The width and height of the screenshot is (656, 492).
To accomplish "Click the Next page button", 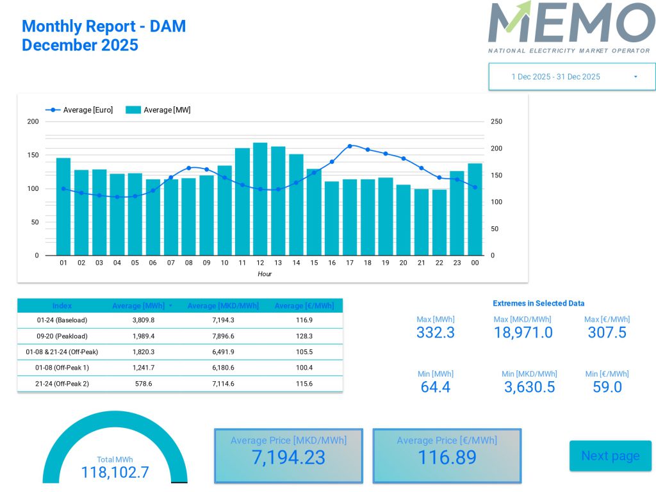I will coord(610,455).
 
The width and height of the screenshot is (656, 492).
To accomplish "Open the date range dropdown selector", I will coord(571,77).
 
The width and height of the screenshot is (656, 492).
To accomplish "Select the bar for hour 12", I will coord(260,199).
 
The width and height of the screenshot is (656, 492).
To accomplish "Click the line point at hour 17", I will coord(350,146).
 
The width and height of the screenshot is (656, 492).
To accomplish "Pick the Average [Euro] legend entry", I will coord(80,110).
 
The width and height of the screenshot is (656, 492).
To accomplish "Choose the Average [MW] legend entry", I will coord(159,110).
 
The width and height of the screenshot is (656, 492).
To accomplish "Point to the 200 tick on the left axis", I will coord(33,122).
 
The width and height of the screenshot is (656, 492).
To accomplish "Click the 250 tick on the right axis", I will coord(496,122).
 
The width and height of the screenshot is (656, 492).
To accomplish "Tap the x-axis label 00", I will coord(475,263).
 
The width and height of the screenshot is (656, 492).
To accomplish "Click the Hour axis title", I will coord(265,274).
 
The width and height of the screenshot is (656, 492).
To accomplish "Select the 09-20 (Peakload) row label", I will coord(62,336).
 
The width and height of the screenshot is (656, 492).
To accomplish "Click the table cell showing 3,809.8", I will coord(143,320).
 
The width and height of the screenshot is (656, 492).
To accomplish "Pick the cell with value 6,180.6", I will coord(223,368).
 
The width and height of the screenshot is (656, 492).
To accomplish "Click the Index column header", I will coord(62,306).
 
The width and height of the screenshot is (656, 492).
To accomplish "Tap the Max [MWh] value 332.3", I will coord(436,332).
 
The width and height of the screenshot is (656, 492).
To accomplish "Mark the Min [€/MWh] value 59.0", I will coord(607,387).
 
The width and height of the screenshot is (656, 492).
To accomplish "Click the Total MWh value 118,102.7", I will coord(115,472).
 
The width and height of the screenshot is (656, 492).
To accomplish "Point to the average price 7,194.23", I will coord(288,457).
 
